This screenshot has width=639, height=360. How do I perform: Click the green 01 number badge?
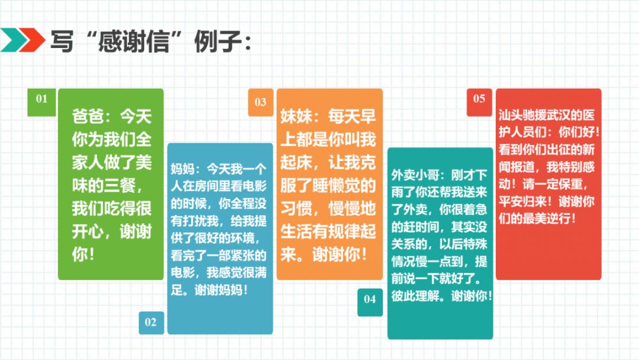pyautogui.click(x=41, y=102)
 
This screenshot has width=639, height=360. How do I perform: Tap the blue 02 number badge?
pyautogui.click(x=151, y=323)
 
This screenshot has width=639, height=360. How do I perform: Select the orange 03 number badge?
pyautogui.click(x=261, y=102)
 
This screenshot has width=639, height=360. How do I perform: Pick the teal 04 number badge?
pyautogui.click(x=370, y=302)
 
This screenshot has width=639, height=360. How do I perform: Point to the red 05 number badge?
pyautogui.click(x=479, y=102)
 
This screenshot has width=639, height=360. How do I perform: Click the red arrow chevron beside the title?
pyautogui.click(x=32, y=40)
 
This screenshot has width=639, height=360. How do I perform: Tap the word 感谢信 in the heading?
pyautogui.click(x=134, y=41)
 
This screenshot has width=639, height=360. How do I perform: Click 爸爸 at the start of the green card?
pyautogui.click(x=88, y=117)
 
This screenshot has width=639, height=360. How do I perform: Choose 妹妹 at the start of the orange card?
pyautogui.click(x=296, y=117)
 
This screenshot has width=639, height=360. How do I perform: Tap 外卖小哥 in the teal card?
pyautogui.click(x=415, y=175)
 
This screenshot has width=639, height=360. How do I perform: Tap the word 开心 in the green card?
pyautogui.click(x=88, y=232)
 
